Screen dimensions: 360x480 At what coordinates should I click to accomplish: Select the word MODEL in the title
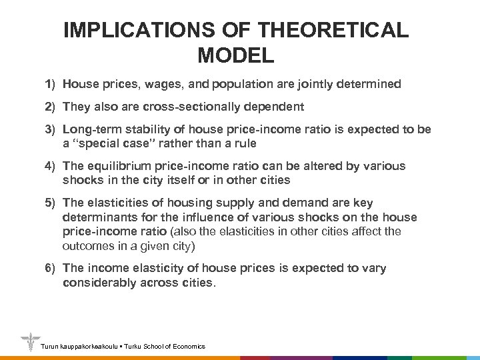pos(236,55)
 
